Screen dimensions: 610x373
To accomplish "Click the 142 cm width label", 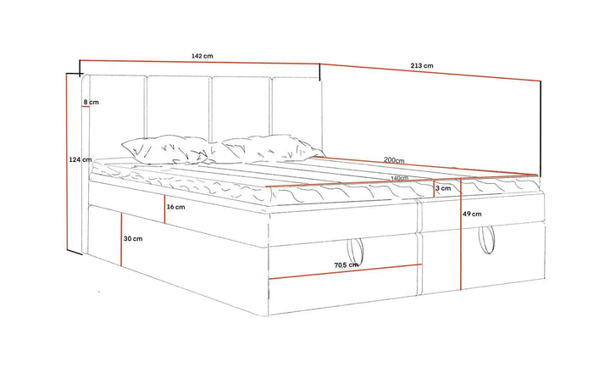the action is pos(202,56).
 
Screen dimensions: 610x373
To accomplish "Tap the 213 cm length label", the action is pos(422,66).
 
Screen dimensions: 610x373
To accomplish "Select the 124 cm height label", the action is pos(80,159).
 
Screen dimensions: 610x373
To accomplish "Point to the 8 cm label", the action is pos(91,103).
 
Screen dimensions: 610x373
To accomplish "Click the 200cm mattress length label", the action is pos(394,160).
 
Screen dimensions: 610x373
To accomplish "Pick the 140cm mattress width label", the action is pos(400,178).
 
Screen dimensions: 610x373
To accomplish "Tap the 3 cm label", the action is pos(443,188).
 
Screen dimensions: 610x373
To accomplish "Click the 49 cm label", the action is pos(472,214).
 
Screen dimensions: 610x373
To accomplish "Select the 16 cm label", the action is pos(176,207).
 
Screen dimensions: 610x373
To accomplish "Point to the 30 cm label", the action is pos(133,239).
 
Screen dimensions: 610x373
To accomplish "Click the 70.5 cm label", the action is pos(347,265).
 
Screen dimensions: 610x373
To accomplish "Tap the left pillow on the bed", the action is pos(165,149).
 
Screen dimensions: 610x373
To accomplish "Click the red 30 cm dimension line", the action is pos(121,239).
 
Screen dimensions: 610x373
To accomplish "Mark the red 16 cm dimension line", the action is pos(164,209).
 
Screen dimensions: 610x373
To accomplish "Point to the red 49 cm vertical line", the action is pos(461,234).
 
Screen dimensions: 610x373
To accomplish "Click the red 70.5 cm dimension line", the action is pos(346,272).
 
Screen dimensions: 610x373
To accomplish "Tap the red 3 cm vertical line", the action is pos(434,189).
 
